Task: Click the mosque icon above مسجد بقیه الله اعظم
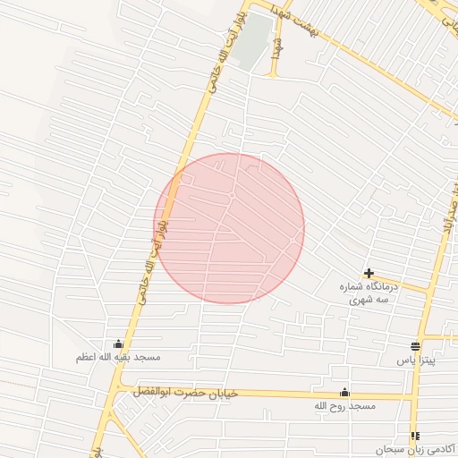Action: point(119,344)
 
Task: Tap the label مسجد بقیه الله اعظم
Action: point(118,358)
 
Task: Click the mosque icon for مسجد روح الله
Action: point(344,393)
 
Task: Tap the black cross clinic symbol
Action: point(369,273)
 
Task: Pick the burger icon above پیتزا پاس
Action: point(415,346)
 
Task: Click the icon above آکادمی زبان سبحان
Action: point(415,436)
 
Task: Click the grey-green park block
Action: point(256,39)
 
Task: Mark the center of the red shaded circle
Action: point(230,229)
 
